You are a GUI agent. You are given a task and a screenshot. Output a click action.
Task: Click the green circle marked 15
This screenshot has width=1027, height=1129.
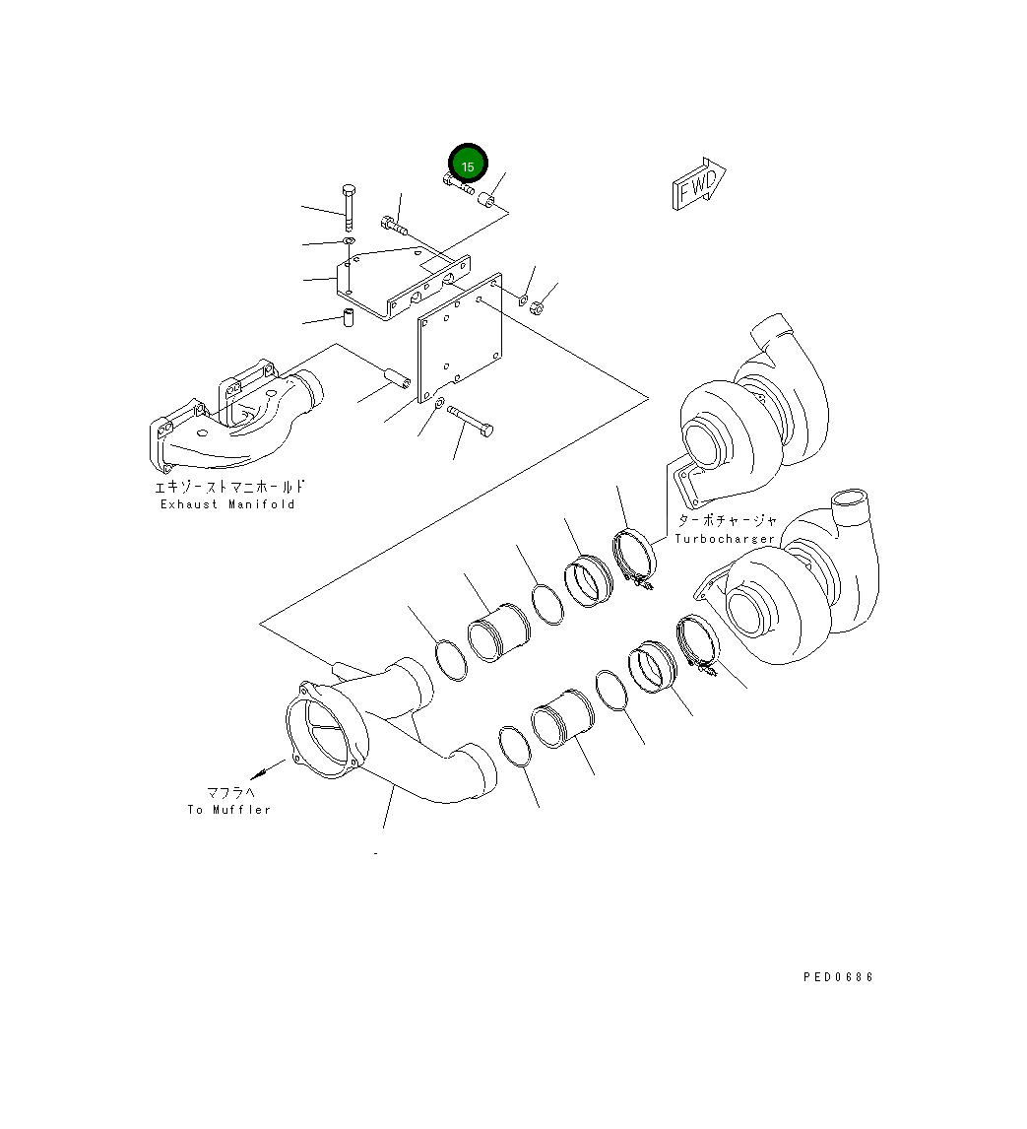tap(468, 166)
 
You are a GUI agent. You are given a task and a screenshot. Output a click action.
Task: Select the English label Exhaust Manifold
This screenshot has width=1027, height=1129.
tap(227, 504)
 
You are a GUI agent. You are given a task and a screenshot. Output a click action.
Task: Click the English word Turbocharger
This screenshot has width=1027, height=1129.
tap(725, 539)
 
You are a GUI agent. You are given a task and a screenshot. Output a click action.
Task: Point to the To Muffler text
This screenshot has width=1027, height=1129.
tap(228, 810)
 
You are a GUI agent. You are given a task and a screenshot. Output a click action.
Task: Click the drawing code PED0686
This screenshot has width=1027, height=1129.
tap(838, 977)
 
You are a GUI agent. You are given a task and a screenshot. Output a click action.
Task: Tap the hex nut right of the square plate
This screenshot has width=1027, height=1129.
tap(538, 309)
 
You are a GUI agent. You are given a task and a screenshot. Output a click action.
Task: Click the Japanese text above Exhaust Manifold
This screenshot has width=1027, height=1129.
tap(228, 487)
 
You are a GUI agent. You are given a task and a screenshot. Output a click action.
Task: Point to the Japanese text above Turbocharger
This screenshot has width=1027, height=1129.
tap(727, 521)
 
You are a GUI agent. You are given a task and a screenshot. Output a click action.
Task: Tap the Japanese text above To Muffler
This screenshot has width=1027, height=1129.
tap(229, 792)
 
